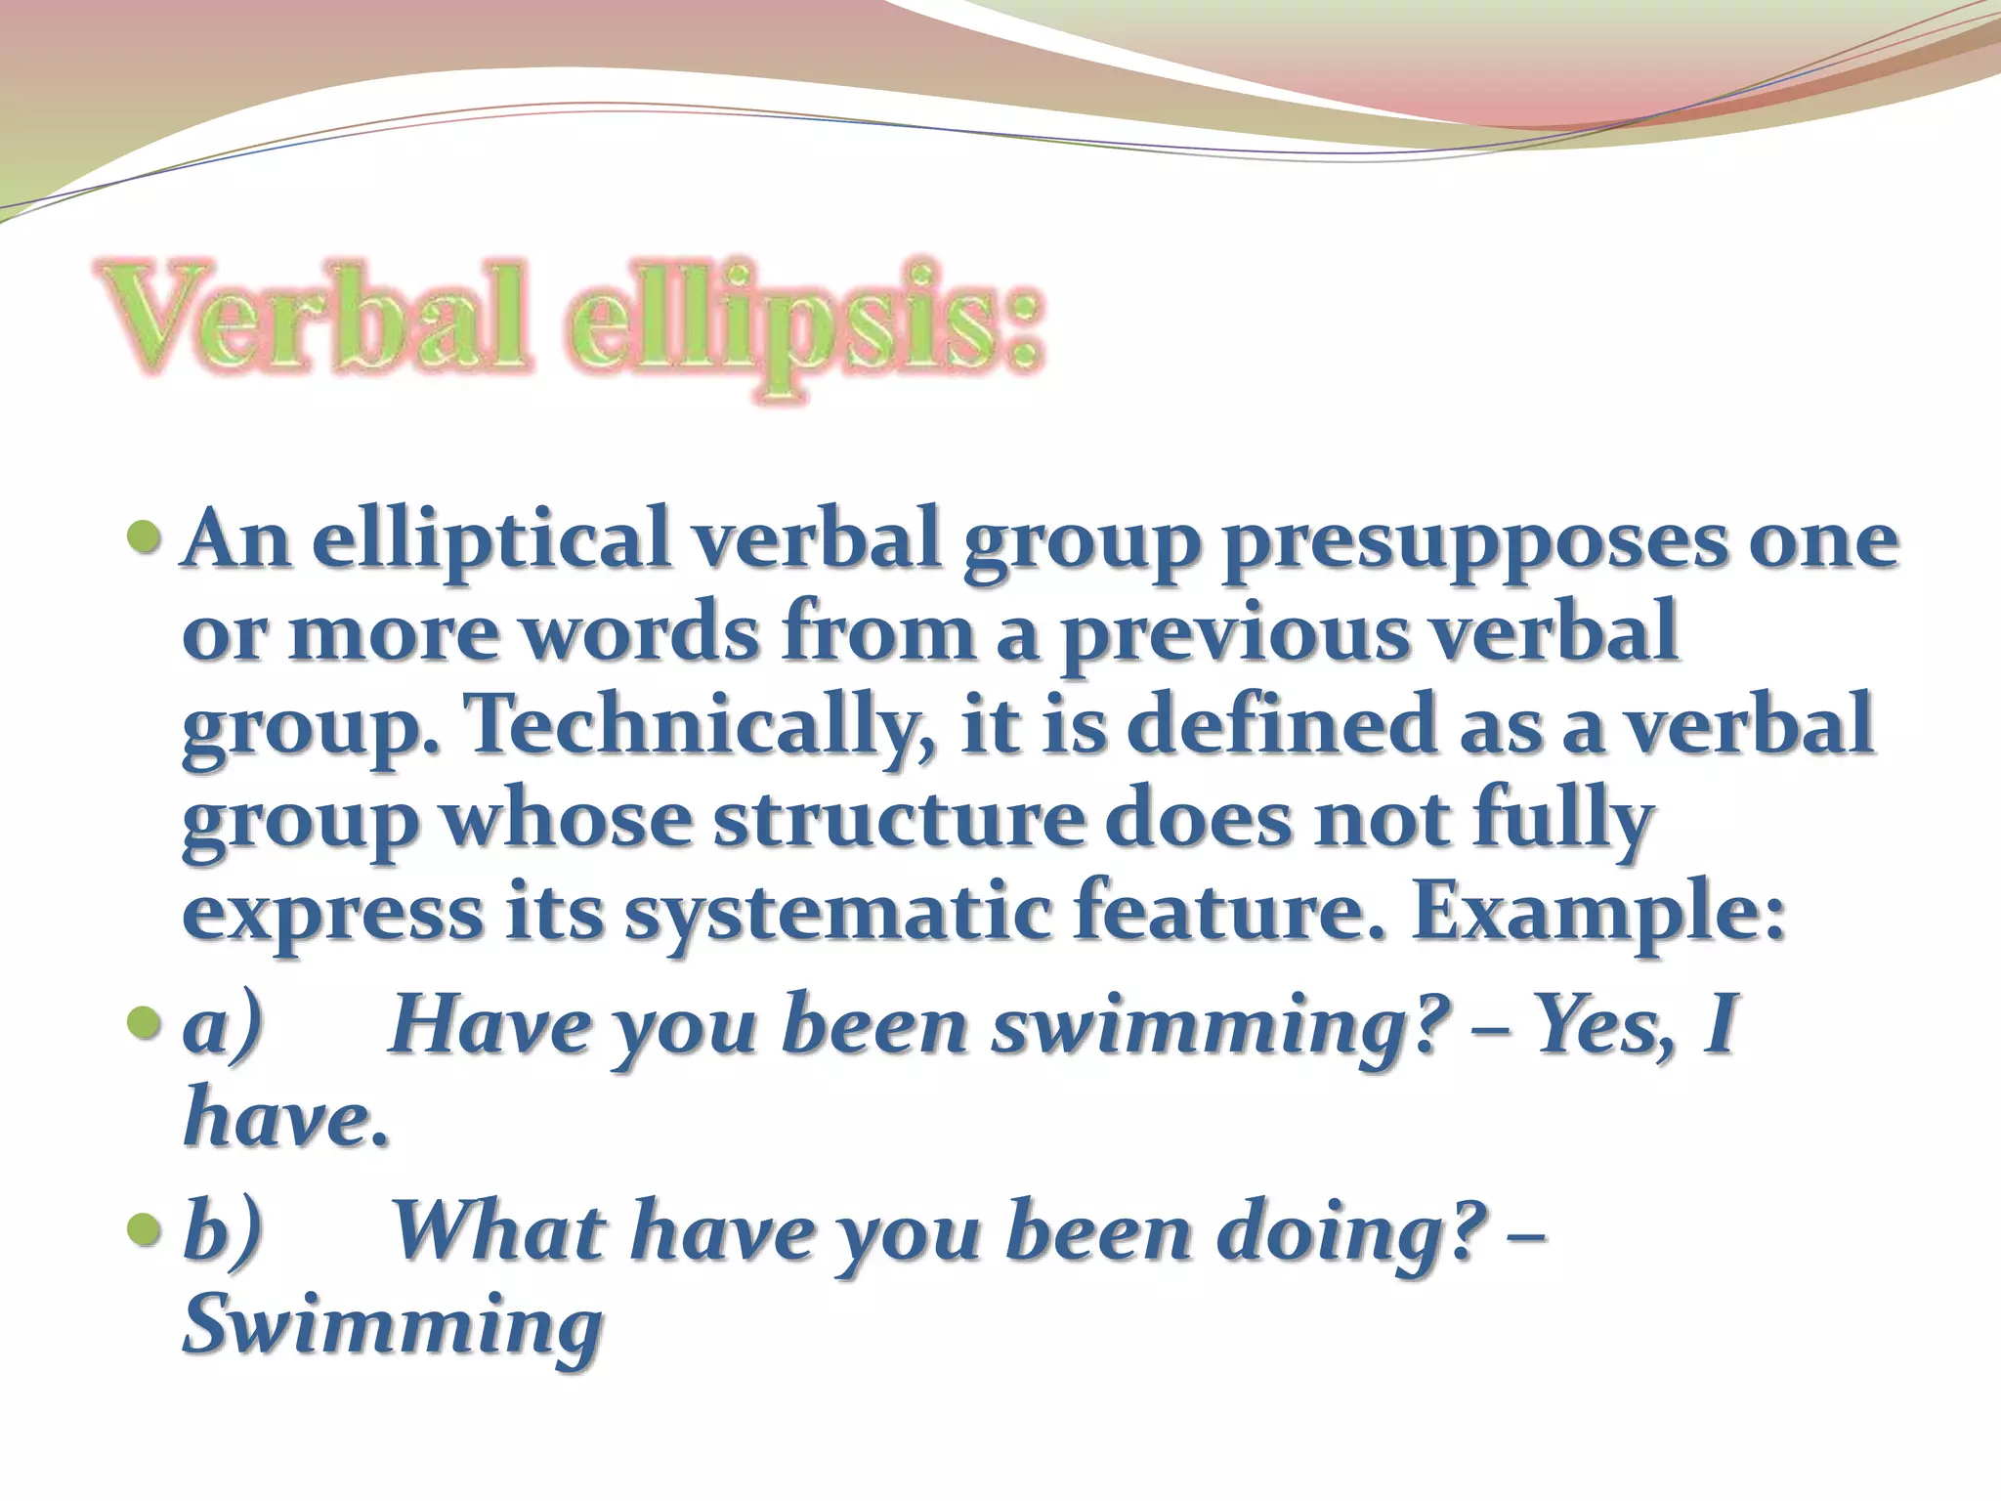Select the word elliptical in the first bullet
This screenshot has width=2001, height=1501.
pyautogui.click(x=484, y=543)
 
